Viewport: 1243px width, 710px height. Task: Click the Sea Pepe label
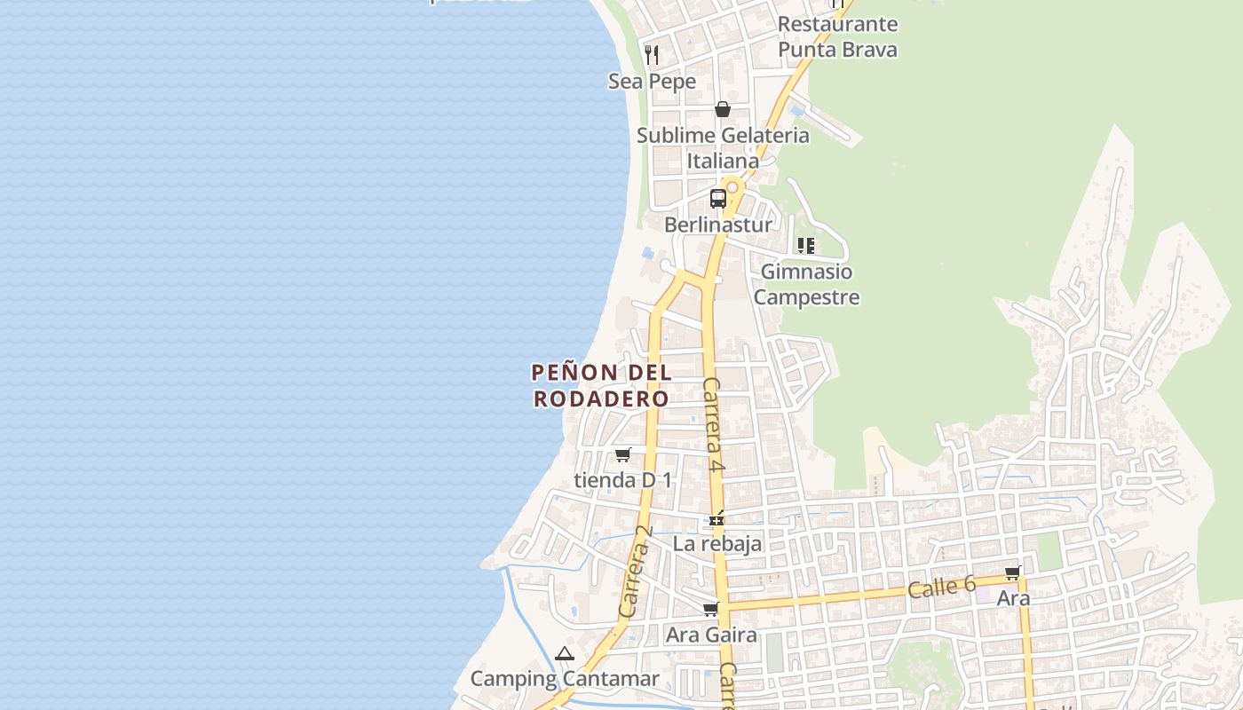(x=652, y=82)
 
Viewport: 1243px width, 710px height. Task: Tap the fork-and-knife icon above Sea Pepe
(x=652, y=55)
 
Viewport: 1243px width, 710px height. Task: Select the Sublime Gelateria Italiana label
(x=723, y=148)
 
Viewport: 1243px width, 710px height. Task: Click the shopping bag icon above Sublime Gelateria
(x=723, y=109)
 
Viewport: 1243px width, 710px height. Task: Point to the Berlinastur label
(x=718, y=225)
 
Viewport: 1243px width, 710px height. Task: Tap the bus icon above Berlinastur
(x=718, y=199)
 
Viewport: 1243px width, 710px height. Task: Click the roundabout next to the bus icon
(x=732, y=187)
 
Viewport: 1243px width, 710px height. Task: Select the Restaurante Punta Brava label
(x=837, y=37)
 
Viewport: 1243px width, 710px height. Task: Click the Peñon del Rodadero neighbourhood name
(x=601, y=385)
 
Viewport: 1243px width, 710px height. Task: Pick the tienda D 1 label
(x=622, y=480)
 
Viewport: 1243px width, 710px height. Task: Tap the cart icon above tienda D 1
(x=623, y=454)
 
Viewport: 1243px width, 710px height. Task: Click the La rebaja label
(x=717, y=543)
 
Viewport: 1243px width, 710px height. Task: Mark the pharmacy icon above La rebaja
(x=717, y=518)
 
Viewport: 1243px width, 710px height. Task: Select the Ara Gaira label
(x=711, y=635)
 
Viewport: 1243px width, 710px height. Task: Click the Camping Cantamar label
(x=565, y=679)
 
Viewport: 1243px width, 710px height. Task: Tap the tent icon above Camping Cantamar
(x=565, y=654)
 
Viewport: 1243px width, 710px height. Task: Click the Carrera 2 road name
(x=635, y=572)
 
